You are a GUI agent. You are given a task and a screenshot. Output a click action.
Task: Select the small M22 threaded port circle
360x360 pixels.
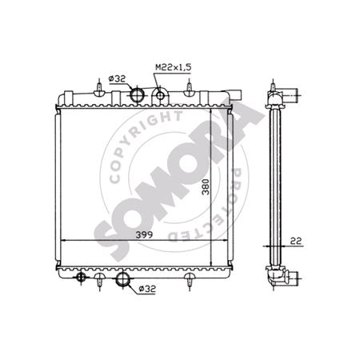coord(161,97)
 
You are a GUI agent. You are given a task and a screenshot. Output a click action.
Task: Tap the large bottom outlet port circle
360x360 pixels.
coord(125,280)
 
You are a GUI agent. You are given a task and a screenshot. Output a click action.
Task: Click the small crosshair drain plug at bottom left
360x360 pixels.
coord(80,278)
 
